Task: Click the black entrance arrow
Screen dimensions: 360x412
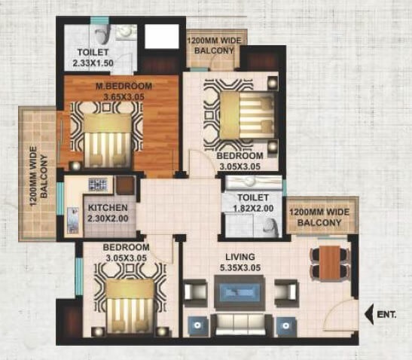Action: coord(371,310)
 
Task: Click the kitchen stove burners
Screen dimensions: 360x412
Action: coord(98,185)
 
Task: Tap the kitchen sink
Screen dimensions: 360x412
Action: coord(72,220)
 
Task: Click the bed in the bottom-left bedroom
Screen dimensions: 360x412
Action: coord(128,301)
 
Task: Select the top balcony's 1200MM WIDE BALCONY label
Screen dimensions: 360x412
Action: coord(213,46)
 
